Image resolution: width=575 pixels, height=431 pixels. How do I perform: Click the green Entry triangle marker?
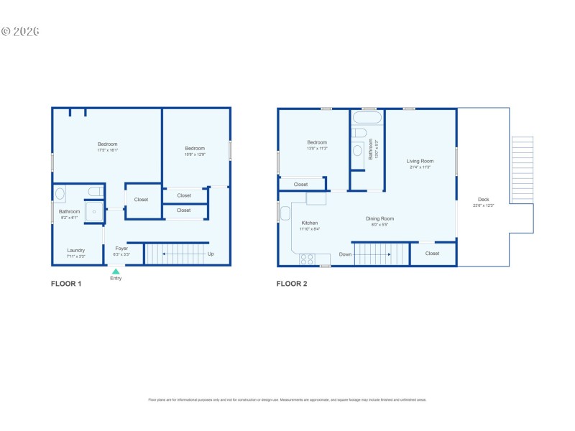click(x=116, y=272)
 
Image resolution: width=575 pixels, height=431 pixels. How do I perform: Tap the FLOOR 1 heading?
click(x=66, y=284)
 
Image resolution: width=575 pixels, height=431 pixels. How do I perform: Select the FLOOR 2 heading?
click(x=292, y=284)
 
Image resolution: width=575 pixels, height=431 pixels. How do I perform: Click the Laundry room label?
click(x=76, y=250)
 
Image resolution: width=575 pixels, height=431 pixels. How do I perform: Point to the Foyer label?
click(x=121, y=249)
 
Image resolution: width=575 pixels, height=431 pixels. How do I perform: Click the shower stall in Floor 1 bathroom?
click(x=94, y=212)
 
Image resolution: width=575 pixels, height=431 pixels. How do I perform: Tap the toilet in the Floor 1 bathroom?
click(x=94, y=191)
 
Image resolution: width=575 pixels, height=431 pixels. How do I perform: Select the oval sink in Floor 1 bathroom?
click(x=60, y=193)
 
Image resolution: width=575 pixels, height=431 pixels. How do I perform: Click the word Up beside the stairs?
click(x=211, y=254)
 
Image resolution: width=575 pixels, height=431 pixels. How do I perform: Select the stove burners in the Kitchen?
click(x=307, y=259)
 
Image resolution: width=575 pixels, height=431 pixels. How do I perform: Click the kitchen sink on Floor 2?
click(x=285, y=213)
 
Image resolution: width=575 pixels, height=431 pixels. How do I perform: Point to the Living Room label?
click(x=420, y=161)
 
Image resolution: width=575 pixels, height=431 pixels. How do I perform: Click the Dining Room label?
click(x=380, y=218)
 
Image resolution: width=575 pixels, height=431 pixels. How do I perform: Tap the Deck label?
click(x=483, y=199)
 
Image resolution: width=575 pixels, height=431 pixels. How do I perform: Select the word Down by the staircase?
click(x=345, y=254)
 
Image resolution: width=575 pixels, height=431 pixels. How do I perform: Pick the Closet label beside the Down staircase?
click(x=432, y=254)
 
